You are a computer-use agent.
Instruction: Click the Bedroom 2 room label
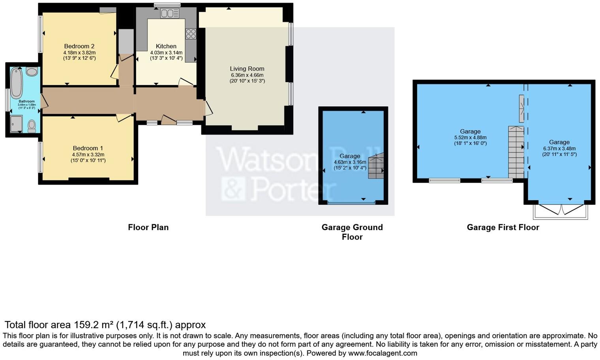click(79, 46)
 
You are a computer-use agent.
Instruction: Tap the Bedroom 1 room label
click(88, 148)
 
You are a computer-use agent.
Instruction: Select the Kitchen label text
click(166, 46)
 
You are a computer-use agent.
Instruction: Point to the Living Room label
click(247, 69)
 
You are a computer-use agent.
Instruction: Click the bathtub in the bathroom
click(17, 83)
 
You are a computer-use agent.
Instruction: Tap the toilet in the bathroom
click(32, 126)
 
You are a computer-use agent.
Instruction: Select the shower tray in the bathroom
click(17, 124)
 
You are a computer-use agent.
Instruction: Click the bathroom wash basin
click(32, 71)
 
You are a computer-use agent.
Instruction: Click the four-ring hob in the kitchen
click(191, 34)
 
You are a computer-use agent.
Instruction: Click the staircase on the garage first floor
click(516, 152)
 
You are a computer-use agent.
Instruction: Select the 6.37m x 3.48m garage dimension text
click(559, 149)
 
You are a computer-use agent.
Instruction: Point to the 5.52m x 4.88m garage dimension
click(470, 138)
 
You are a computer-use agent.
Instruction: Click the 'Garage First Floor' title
click(503, 227)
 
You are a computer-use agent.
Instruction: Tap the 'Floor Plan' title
click(148, 227)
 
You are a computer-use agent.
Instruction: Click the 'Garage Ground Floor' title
click(352, 232)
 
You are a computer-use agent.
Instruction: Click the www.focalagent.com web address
click(382, 353)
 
